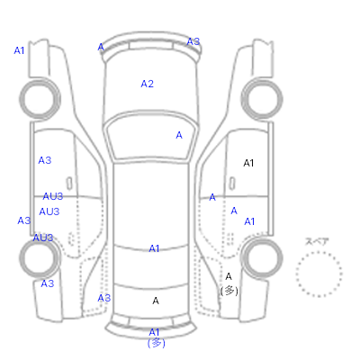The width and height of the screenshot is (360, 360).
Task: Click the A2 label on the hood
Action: click(x=148, y=84)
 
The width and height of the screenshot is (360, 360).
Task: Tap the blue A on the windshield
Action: click(x=179, y=135)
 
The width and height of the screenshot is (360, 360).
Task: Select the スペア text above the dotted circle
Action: click(x=317, y=241)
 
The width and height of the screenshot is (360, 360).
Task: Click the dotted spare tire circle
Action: click(x=319, y=252)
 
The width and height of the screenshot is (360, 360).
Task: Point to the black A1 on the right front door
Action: click(x=248, y=163)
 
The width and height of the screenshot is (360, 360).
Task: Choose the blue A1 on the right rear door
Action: click(x=249, y=221)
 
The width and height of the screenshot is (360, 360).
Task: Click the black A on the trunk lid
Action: click(x=156, y=301)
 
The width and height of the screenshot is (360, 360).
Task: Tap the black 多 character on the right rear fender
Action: click(x=229, y=291)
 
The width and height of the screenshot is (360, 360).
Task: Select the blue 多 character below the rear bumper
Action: click(x=157, y=343)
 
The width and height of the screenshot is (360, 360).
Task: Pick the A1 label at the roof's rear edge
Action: click(x=154, y=248)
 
